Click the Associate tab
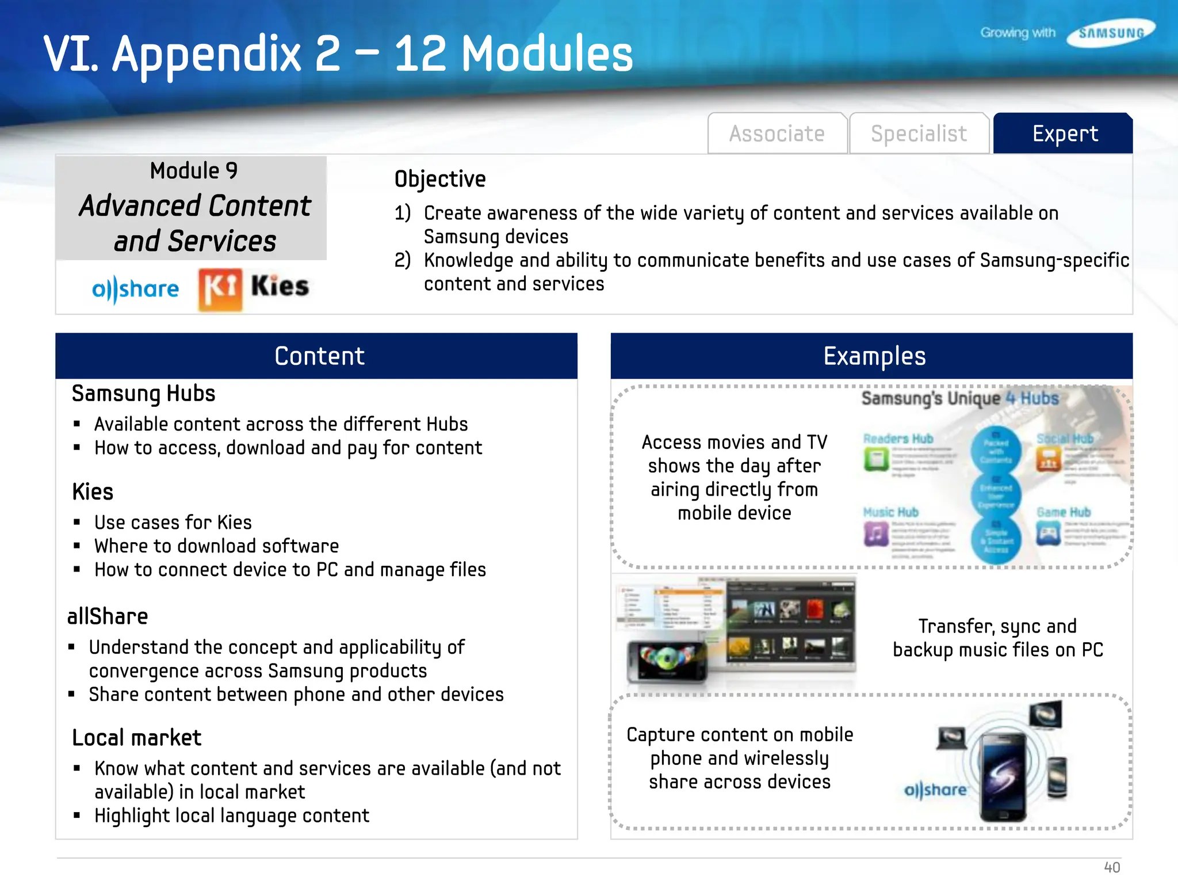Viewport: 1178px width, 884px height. pos(777,134)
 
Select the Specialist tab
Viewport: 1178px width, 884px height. pos(919,134)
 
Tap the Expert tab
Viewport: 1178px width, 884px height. pos(1065,134)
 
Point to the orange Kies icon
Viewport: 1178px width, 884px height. pos(220,289)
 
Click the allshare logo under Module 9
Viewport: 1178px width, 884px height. pos(136,289)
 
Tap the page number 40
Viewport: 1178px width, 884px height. pos(1111,867)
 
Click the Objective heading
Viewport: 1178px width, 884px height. pos(440,179)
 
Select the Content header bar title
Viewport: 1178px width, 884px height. pos(319,356)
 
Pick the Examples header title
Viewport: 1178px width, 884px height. pos(874,356)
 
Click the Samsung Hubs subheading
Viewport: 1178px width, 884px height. pos(144,394)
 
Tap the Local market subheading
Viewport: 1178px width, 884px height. pos(137,738)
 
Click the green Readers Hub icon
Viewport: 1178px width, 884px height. pos(877,460)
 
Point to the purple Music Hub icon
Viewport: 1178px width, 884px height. pos(876,534)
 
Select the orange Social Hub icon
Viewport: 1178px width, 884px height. pos(1049,460)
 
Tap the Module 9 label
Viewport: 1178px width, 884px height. pos(194,171)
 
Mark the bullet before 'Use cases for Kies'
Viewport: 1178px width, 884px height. pos(77,523)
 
